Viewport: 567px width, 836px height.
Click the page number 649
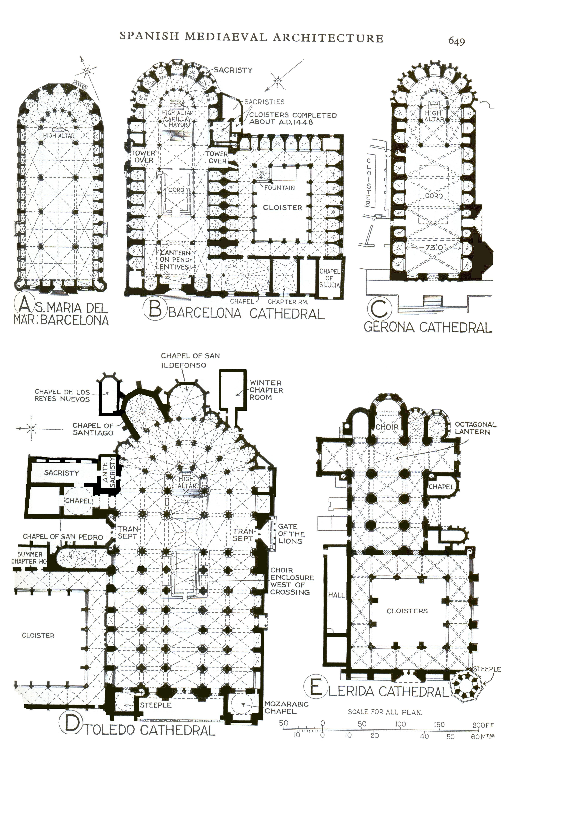(456, 41)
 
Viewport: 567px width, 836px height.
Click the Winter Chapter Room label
(266, 390)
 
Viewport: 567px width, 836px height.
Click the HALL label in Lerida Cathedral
(336, 595)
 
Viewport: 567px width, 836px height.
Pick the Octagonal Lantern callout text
(475, 428)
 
